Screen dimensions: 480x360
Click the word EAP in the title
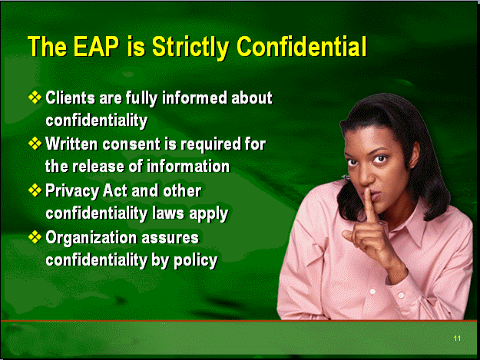tap(96, 47)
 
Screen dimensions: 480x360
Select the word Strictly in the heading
tap(190, 48)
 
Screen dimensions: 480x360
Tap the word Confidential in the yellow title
tap(301, 47)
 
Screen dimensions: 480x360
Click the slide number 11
tap(457, 338)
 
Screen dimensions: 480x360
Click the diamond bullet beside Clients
tap(35, 97)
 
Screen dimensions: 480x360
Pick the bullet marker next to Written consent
tap(35, 144)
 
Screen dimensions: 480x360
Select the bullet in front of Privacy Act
tap(35, 190)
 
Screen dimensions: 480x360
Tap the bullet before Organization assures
tap(35, 237)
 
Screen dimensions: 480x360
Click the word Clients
tap(71, 98)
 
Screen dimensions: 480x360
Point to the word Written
tap(72, 144)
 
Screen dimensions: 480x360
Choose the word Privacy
tap(72, 191)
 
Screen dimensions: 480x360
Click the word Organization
tap(91, 238)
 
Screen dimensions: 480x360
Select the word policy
tap(196, 261)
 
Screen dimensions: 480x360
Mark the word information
tap(188, 167)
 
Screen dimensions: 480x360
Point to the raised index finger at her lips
tap(370, 205)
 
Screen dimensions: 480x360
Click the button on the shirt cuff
tap(401, 296)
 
